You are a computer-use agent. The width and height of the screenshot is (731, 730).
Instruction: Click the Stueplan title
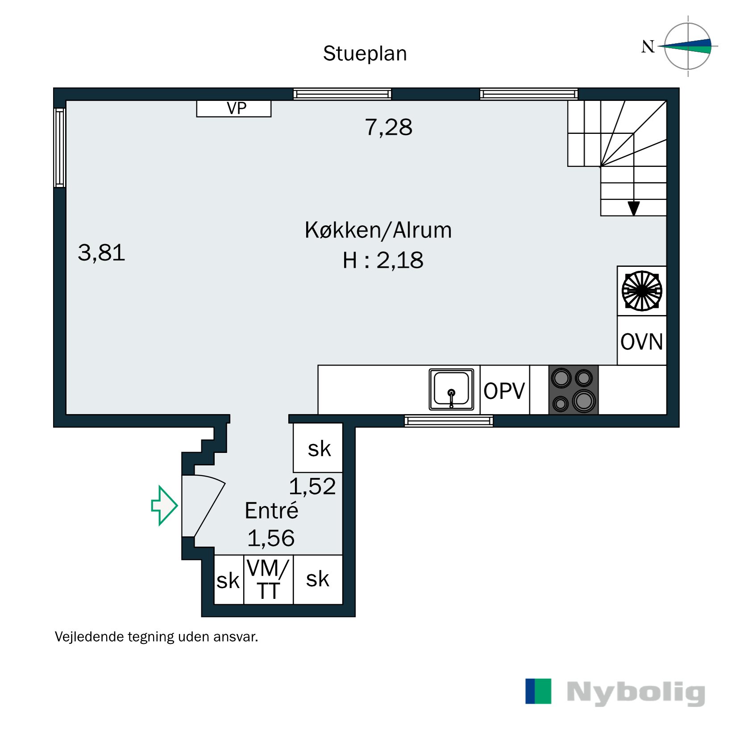click(x=365, y=54)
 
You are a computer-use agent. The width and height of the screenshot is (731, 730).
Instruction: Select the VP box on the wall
click(x=234, y=108)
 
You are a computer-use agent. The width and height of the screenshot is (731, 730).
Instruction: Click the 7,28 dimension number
click(x=388, y=128)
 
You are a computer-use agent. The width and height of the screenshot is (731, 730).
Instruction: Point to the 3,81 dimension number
click(x=101, y=253)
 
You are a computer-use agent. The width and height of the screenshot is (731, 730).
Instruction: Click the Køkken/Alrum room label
click(x=378, y=230)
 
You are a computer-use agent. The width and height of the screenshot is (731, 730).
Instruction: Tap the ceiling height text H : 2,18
click(x=382, y=260)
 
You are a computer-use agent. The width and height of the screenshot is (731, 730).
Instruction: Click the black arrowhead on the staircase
click(x=633, y=208)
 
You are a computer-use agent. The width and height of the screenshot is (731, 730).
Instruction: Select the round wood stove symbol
click(x=642, y=290)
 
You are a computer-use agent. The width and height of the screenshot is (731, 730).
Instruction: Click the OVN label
click(x=641, y=342)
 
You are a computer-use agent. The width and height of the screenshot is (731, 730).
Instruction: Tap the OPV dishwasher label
click(x=504, y=391)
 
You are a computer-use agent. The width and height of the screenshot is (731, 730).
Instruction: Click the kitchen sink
click(x=451, y=390)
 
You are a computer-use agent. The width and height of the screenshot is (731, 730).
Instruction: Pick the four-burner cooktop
click(x=573, y=390)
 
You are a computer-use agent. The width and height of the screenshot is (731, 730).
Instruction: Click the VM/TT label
click(x=268, y=580)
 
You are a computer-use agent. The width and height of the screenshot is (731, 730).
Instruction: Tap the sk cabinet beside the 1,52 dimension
click(x=318, y=448)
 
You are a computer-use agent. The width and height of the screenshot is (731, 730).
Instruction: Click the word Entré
click(x=271, y=510)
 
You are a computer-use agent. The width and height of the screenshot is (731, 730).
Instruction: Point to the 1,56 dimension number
click(x=271, y=538)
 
